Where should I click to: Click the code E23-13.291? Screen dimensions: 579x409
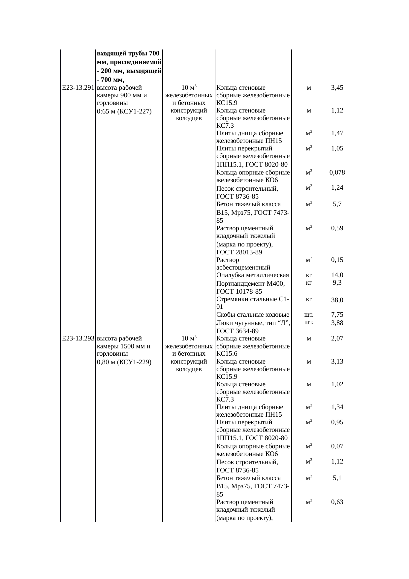click(x=78, y=88)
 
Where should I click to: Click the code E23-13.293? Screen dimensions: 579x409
click(x=78, y=338)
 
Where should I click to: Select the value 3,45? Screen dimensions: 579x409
click(x=337, y=88)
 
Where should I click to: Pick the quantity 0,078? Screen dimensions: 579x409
click(x=337, y=172)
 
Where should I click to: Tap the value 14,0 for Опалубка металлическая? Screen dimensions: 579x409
click(x=337, y=275)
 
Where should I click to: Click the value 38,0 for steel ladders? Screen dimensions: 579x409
click(x=337, y=300)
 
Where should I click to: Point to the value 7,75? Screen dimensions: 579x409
click(x=337, y=315)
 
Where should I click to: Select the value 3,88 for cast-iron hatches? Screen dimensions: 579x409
click(x=337, y=323)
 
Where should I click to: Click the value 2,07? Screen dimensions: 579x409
click(x=337, y=338)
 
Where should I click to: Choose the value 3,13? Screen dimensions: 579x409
click(x=337, y=361)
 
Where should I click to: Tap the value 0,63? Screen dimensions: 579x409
click(x=337, y=502)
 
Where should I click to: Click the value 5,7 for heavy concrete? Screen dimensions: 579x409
click(x=337, y=204)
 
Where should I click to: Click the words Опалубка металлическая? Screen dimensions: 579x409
click(x=252, y=275)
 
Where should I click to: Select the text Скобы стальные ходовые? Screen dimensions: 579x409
click(x=253, y=315)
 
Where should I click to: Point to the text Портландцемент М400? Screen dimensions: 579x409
click(x=250, y=284)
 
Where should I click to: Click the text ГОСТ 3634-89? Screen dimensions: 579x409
click(x=237, y=331)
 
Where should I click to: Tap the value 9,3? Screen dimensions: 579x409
click(x=337, y=282)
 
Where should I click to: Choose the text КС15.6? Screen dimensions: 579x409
click(x=225, y=354)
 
